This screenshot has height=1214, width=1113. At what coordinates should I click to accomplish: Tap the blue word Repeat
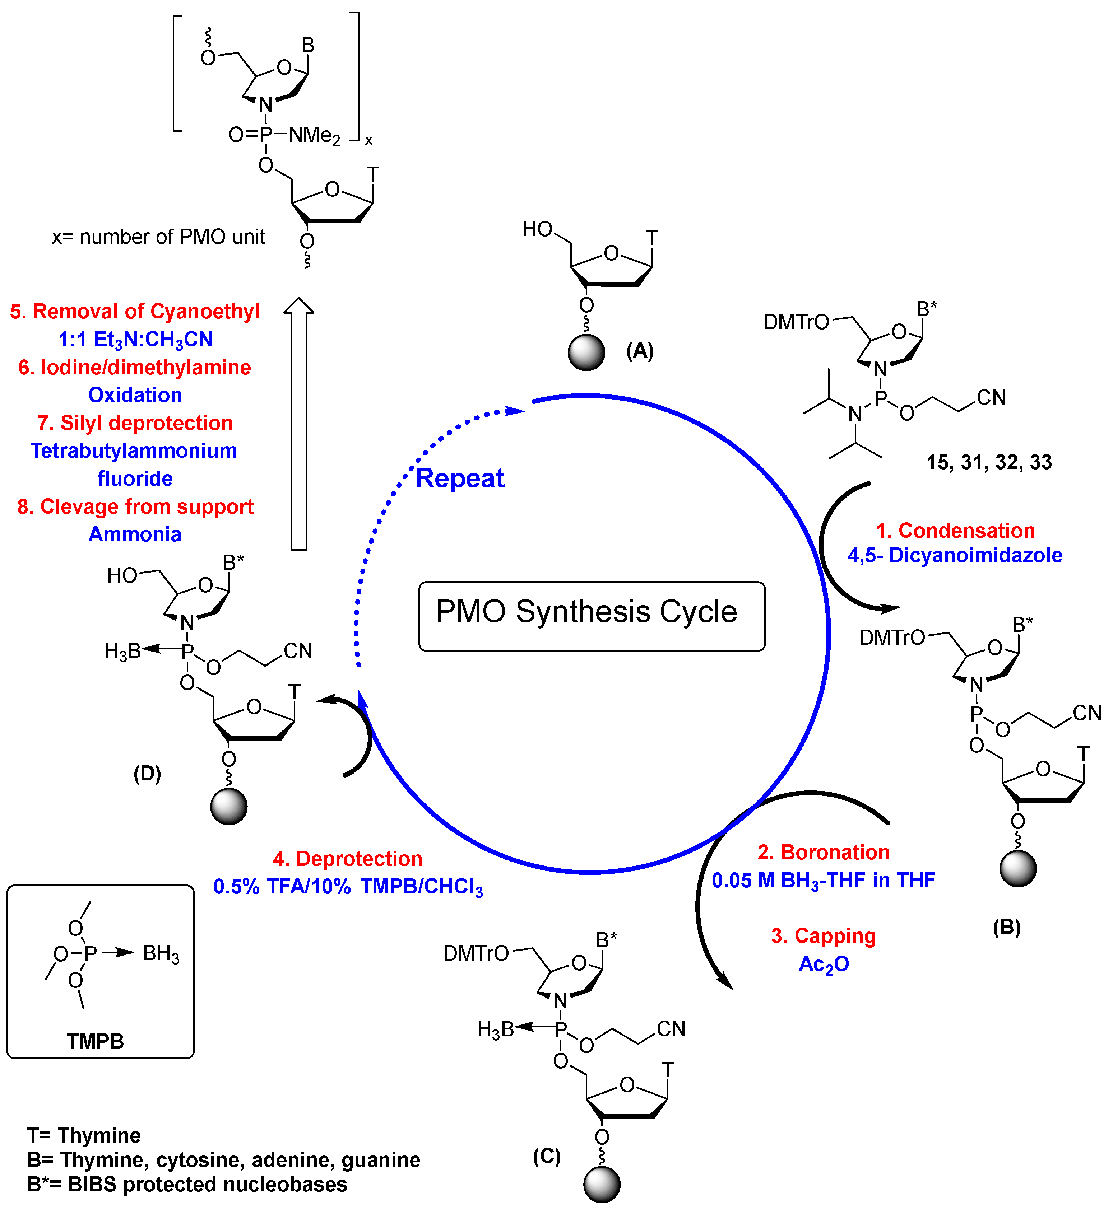tap(460, 479)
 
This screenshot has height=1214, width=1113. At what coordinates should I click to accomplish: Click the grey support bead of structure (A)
tap(586, 352)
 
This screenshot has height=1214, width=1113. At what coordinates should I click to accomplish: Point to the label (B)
tap(1006, 927)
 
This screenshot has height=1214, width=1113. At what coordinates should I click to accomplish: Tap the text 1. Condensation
tap(955, 531)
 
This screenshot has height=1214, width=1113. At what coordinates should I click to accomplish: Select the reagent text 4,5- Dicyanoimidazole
tap(955, 555)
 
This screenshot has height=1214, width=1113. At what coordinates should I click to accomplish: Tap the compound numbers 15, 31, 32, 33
tap(989, 462)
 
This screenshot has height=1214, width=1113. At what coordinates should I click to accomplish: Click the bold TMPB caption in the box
tap(95, 1041)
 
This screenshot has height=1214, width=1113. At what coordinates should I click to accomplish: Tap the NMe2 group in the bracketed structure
tap(314, 135)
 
